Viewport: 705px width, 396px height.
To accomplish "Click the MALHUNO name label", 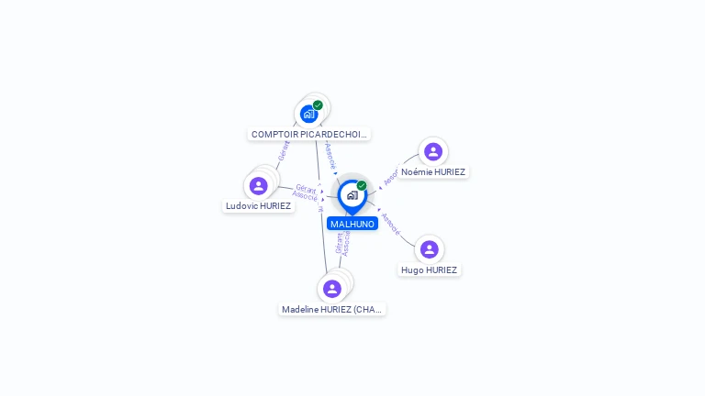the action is coord(352,224).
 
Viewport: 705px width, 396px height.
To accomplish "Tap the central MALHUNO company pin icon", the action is coord(352,195).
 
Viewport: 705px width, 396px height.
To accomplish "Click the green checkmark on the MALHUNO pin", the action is coord(362,185).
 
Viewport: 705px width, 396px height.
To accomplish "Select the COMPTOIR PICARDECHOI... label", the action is coord(308,134).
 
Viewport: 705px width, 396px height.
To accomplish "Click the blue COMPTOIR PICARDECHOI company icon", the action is coord(308,115).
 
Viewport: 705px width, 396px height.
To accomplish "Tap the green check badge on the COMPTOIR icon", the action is coord(318,105).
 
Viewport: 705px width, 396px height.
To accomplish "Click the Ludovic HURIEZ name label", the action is coord(259,206).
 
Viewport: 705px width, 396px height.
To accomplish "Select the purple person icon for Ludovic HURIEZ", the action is coord(259,186).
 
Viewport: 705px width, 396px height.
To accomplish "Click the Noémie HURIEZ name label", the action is coord(433,171).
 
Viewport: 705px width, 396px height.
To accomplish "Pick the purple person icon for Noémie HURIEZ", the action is coord(433,151).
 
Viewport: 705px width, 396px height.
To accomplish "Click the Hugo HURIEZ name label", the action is coord(429,269).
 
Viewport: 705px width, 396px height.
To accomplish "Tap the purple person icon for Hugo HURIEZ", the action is coord(429,249).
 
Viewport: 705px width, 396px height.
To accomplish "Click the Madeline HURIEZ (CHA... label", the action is coord(332,309).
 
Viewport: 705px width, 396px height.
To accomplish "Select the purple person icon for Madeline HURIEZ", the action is coord(332,289).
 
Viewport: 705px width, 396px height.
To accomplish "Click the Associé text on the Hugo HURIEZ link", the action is coord(390,224).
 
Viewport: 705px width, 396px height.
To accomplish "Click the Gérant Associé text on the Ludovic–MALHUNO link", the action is coord(306,192).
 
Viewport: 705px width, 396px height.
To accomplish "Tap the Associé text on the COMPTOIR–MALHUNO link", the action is coord(330,155).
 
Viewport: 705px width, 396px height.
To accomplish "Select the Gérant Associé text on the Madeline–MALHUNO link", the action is coord(342,241).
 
